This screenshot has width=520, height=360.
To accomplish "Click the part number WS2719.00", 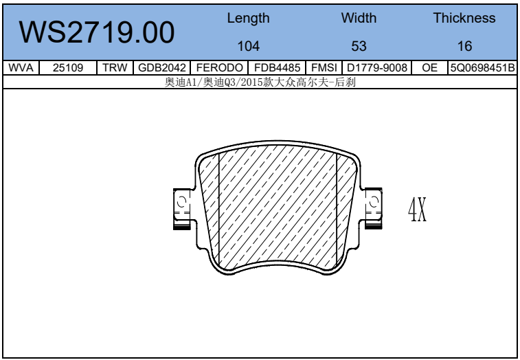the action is (x=96, y=32).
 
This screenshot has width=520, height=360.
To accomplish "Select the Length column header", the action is (x=249, y=19).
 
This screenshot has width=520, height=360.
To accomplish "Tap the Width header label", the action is (x=359, y=18).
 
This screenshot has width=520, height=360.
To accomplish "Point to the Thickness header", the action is (x=464, y=18).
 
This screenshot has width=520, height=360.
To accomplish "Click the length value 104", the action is (x=249, y=46).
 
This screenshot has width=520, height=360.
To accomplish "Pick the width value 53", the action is (x=359, y=46).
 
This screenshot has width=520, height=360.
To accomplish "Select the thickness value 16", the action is (x=464, y=46).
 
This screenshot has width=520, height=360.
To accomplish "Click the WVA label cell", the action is (x=21, y=68).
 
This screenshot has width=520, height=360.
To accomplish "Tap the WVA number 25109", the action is (x=68, y=68).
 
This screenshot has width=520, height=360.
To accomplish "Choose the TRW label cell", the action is (x=115, y=68).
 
